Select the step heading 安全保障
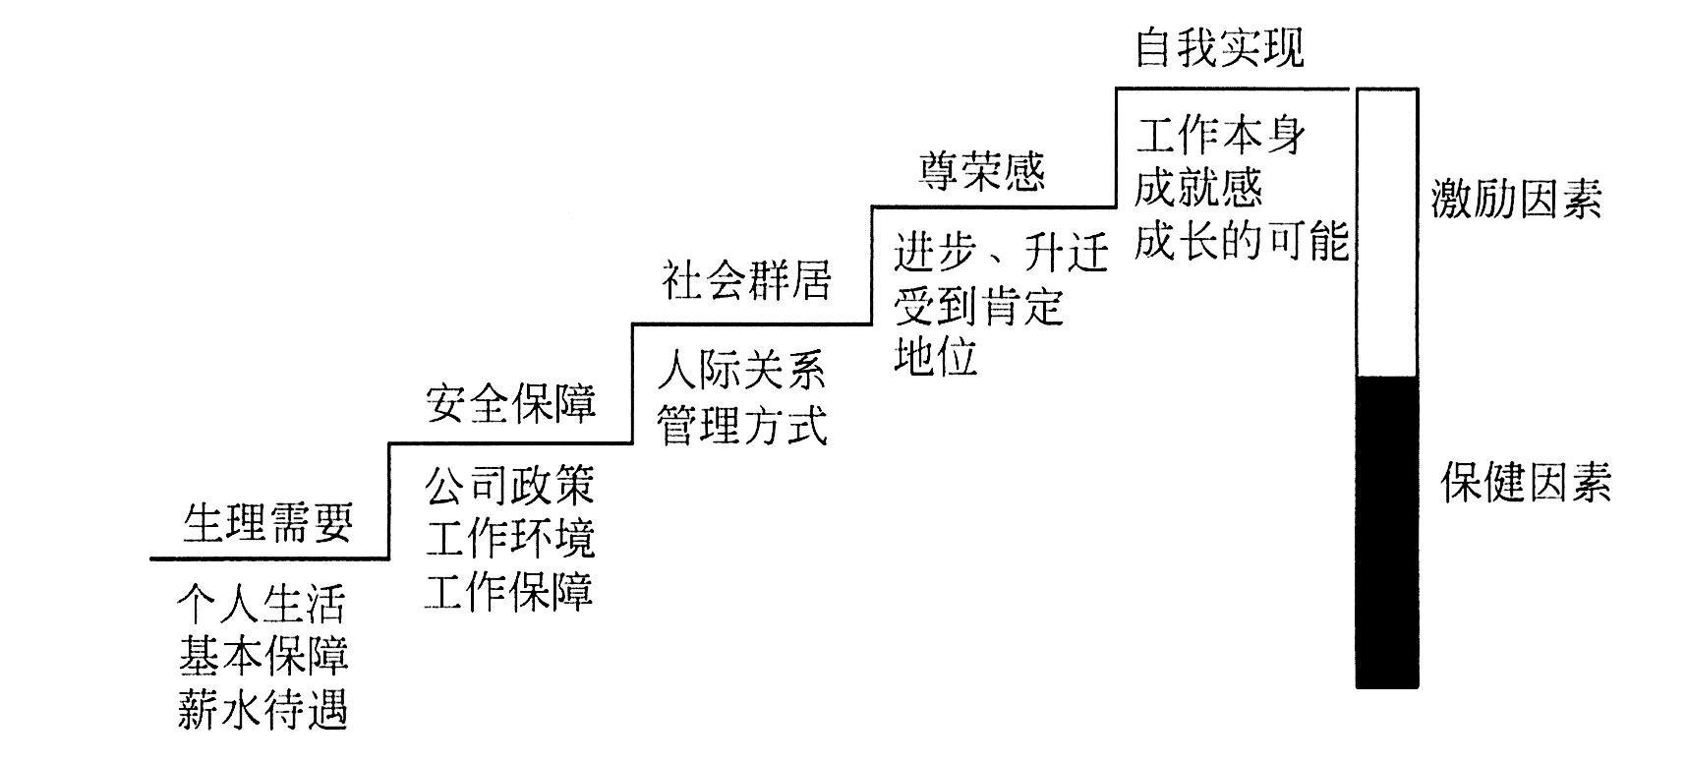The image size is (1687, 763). (511, 403)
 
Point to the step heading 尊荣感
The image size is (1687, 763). (982, 171)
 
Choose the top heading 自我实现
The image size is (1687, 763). (1219, 47)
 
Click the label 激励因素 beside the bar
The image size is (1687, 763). (1516, 200)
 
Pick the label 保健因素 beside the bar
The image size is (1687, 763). (1526, 484)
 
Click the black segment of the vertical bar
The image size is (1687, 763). (1387, 531)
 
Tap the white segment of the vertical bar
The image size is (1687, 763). (1387, 232)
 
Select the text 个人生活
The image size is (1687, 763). (262, 604)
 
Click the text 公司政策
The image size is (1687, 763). (510, 486)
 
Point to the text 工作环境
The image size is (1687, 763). (510, 539)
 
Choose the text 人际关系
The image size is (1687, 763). (743, 371)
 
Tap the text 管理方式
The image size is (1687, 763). (743, 426)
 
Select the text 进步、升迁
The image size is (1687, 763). (1001, 253)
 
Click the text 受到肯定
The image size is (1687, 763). (979, 306)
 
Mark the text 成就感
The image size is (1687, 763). (1198, 187)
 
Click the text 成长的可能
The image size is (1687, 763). (1241, 241)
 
